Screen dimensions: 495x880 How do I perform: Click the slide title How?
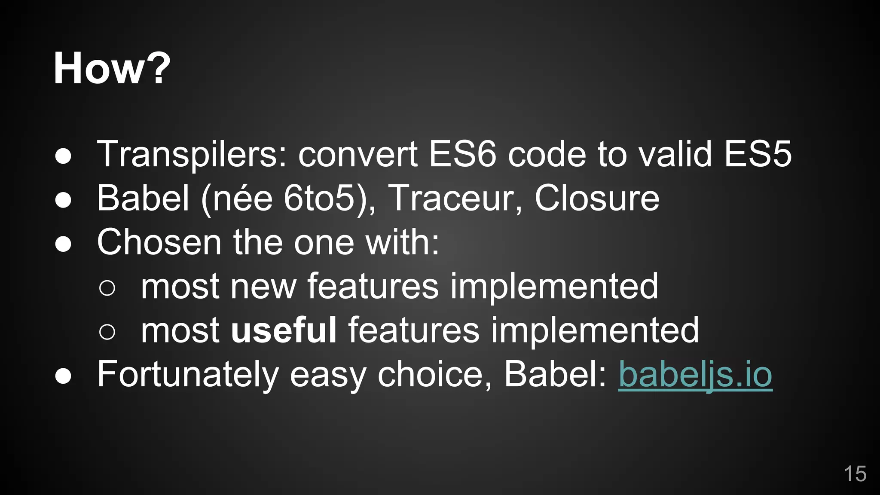(112, 69)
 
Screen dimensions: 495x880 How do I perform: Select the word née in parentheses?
(243, 199)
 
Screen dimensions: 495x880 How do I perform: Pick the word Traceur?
(451, 199)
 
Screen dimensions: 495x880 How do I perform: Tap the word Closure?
(597, 199)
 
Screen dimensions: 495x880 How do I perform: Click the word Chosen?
(159, 242)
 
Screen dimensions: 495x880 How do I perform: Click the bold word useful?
(284, 330)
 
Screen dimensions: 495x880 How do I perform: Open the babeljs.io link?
(695, 375)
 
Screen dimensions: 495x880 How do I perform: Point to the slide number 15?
(855, 474)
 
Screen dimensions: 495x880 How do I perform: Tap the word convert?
(357, 155)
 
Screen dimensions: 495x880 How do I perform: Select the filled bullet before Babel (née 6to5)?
(63, 200)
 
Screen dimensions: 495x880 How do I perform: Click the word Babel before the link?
(555, 374)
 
